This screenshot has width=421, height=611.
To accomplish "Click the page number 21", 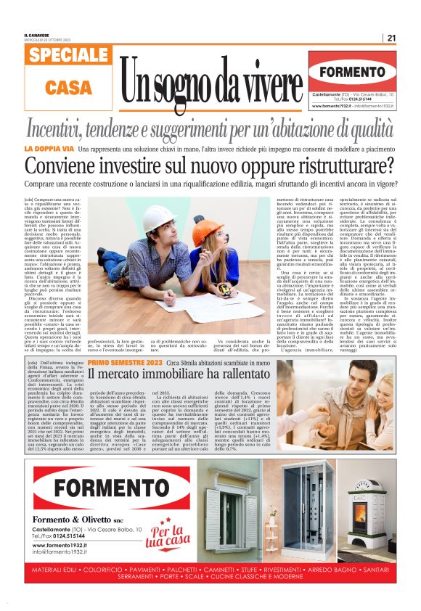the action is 391,38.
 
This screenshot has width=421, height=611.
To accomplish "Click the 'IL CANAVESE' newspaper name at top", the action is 37,34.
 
